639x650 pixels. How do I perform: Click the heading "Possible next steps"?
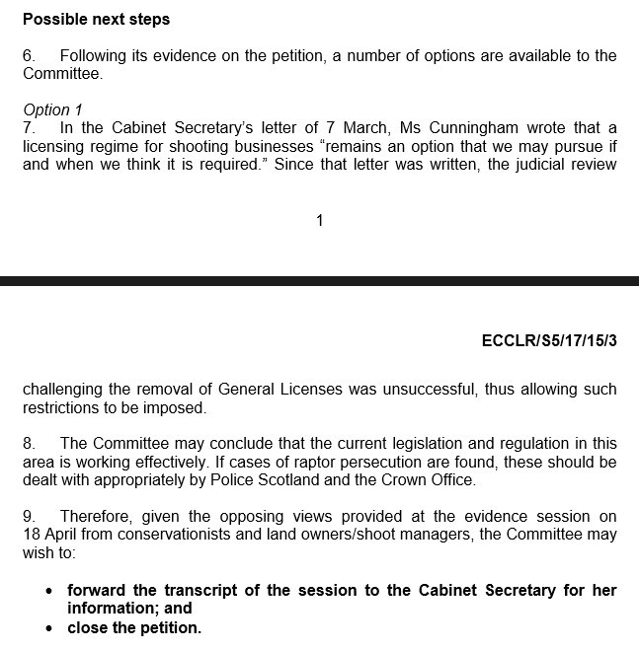(96, 20)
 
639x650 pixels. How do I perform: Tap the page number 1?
(319, 221)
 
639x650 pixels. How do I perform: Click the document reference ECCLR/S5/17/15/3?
(548, 341)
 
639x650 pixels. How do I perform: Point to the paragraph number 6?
(29, 56)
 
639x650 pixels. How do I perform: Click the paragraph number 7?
(29, 127)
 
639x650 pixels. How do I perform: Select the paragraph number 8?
(29, 444)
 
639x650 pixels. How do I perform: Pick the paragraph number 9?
(29, 516)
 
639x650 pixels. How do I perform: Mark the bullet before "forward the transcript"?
(50, 591)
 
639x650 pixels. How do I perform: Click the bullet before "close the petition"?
(50, 627)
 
